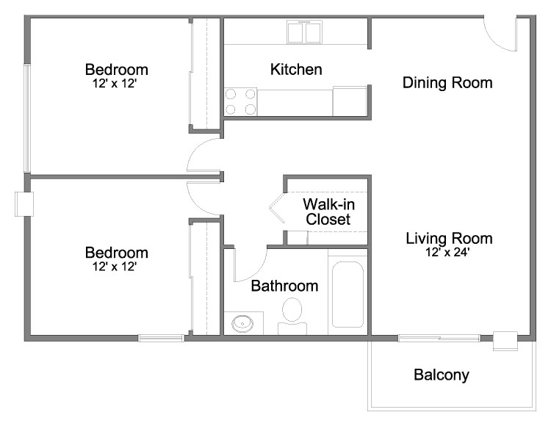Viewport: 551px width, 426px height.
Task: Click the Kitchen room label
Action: click(296, 70)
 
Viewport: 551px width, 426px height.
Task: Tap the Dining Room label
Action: click(447, 82)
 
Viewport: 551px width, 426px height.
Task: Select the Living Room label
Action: click(448, 238)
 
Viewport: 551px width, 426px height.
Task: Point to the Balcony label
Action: click(441, 375)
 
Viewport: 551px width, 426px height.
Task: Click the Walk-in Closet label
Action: click(328, 212)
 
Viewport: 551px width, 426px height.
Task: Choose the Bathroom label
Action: click(284, 286)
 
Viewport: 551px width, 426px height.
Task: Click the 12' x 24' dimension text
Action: click(448, 253)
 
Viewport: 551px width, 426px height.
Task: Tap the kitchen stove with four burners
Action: click(240, 101)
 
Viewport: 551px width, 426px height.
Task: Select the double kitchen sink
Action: click(304, 32)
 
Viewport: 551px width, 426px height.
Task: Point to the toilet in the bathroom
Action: click(292, 313)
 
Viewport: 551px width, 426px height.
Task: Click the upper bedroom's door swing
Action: click(204, 156)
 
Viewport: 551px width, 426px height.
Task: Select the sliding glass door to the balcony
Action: click(439, 338)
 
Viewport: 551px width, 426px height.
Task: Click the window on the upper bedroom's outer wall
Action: click(26, 118)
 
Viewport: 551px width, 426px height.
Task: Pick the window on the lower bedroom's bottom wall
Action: click(161, 338)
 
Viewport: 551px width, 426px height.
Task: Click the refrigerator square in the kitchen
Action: click(349, 101)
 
